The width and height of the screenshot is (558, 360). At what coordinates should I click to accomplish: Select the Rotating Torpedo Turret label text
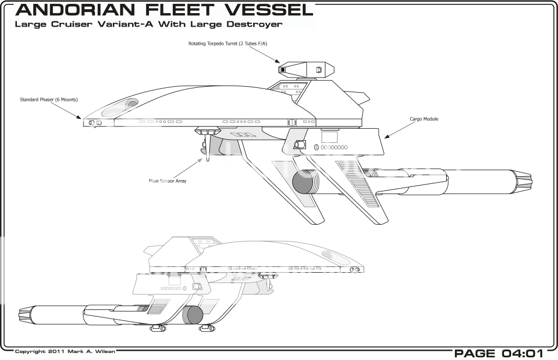224,43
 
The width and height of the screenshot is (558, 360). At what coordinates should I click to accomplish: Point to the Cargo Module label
424,118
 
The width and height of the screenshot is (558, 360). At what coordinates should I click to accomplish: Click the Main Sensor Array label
168,181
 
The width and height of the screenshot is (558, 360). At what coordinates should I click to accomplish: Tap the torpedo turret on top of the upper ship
305,69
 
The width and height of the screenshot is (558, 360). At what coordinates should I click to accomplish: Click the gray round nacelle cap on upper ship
301,182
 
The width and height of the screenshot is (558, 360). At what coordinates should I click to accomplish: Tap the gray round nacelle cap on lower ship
192,315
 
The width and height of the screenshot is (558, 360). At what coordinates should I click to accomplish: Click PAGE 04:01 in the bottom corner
497,353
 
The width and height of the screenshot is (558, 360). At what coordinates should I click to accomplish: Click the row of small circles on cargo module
334,147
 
